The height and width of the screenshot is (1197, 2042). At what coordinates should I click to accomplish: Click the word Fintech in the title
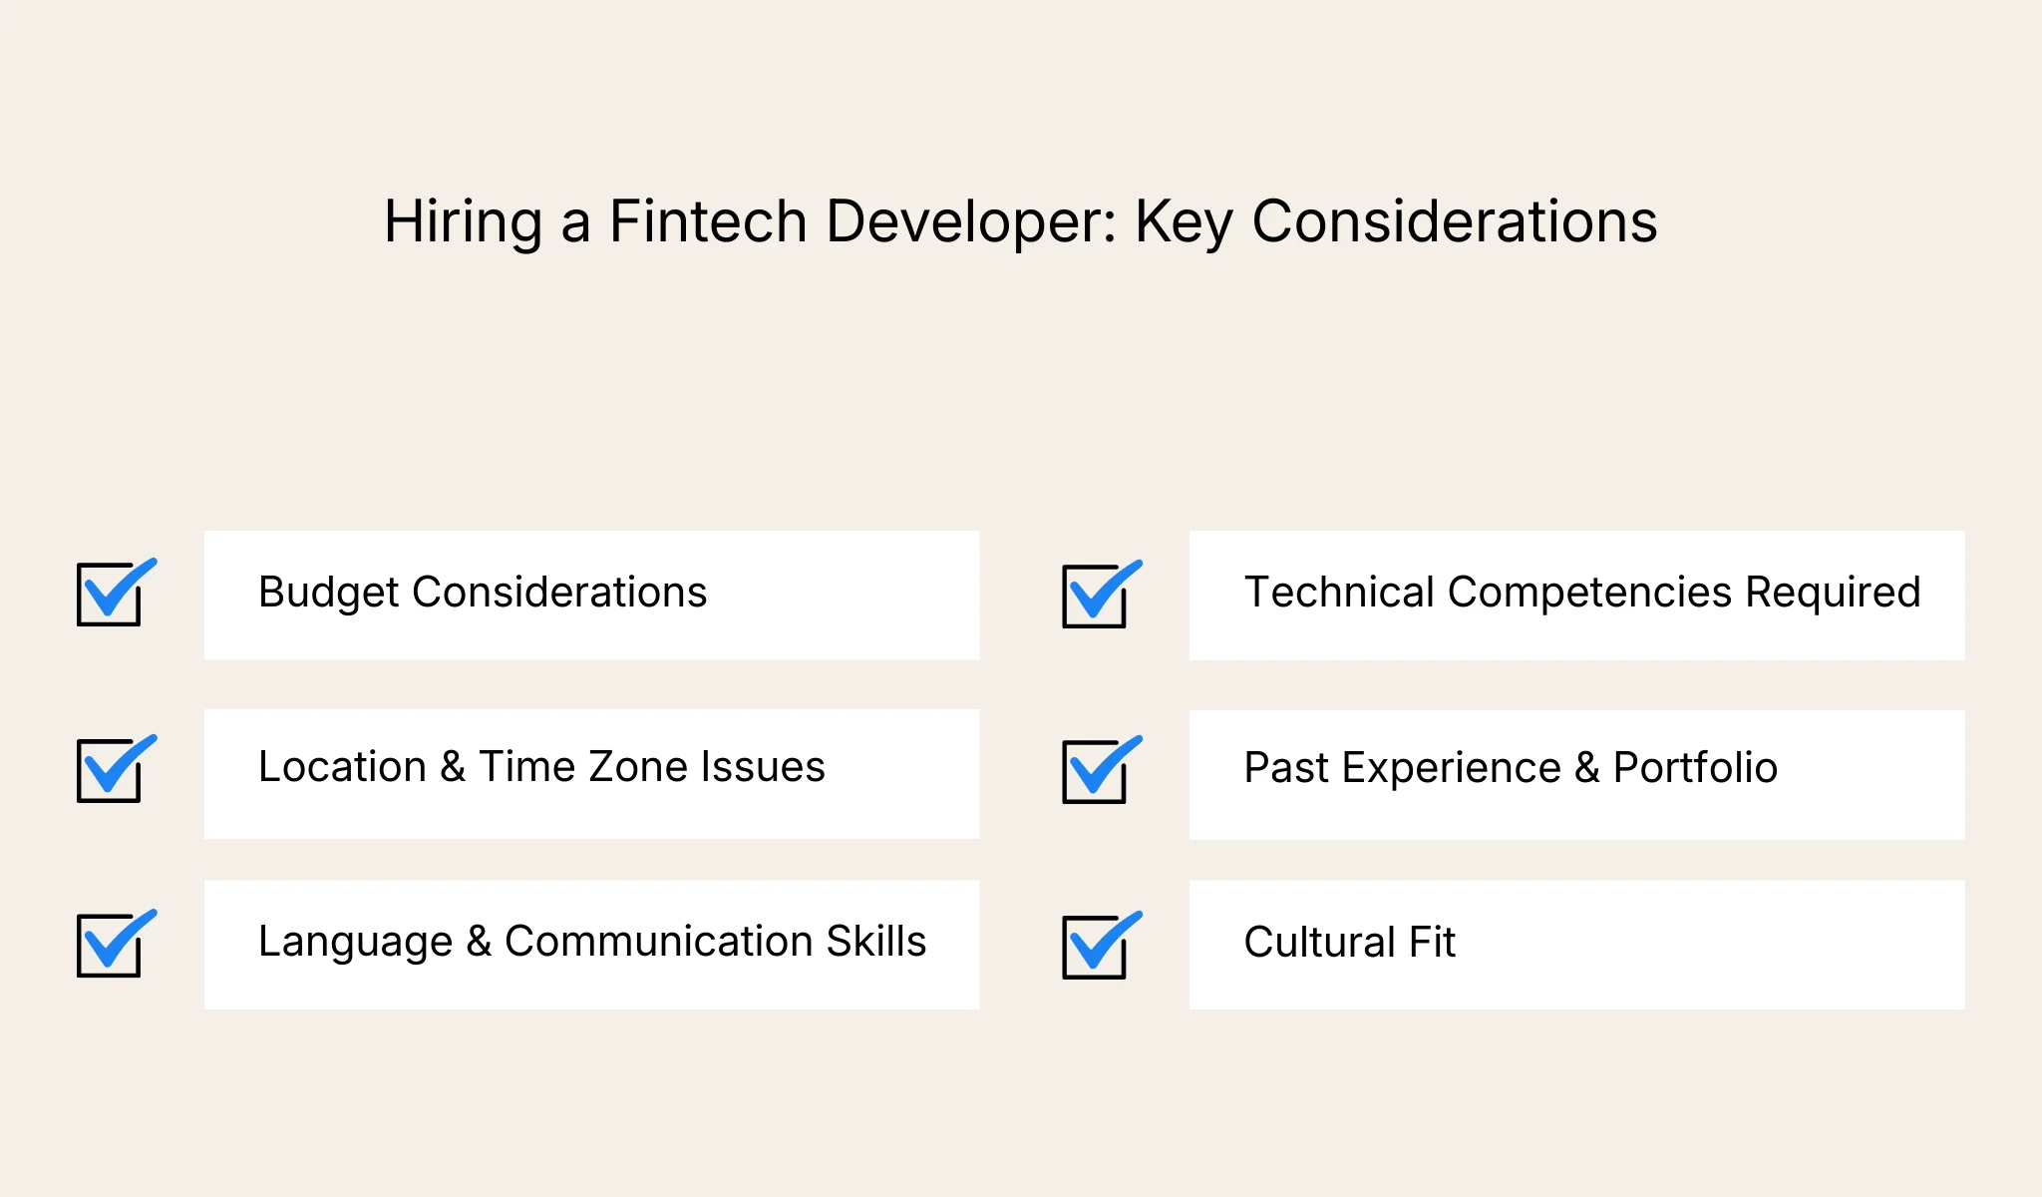coord(707,221)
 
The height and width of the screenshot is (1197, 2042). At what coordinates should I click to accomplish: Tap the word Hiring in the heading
coord(463,221)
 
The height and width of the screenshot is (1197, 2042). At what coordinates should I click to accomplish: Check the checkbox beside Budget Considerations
coord(110,595)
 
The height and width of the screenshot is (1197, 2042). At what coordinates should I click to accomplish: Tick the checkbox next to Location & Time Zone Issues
coord(110,770)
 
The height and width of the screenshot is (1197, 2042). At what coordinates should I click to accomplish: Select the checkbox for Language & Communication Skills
coord(110,945)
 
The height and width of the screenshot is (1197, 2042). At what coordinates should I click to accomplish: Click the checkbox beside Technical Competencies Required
coord(1095,597)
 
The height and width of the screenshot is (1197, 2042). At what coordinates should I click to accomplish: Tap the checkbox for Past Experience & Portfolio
coord(1095,771)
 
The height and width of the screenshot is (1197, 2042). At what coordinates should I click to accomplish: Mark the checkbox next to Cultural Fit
coord(1095,947)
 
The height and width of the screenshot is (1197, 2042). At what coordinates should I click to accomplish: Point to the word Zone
coord(634,767)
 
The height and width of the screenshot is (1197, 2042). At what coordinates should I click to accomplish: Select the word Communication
coord(658,942)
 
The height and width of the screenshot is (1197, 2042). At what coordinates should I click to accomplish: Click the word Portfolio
coord(1695,768)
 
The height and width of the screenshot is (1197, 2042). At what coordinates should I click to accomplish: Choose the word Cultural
coord(1319,943)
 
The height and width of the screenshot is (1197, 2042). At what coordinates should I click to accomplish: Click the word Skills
coord(876,942)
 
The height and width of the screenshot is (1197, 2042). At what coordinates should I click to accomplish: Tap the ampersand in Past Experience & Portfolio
coord(1587,768)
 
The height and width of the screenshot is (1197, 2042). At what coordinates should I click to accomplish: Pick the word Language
coord(355,943)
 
